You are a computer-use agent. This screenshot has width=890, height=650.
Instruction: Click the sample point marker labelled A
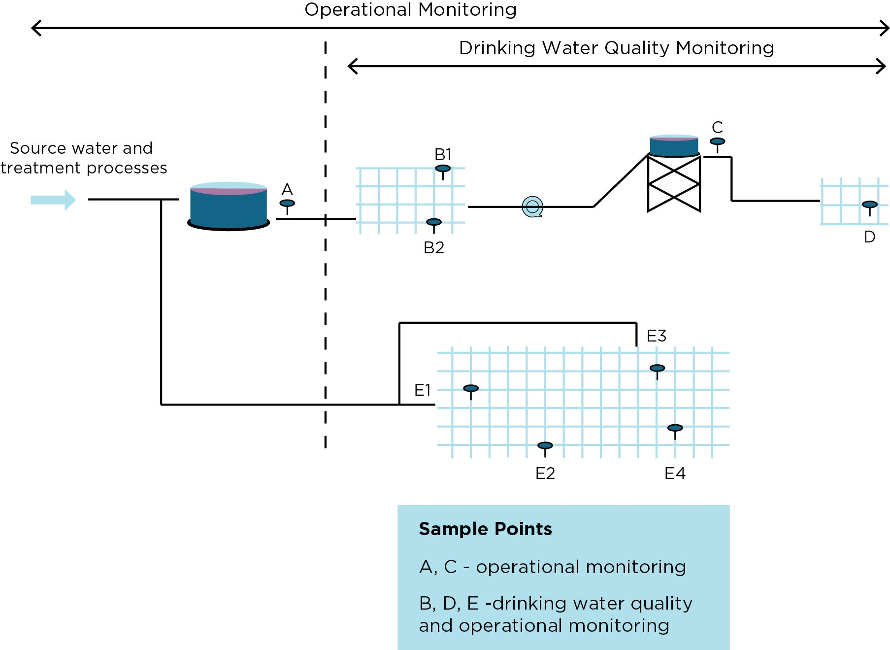coord(287,204)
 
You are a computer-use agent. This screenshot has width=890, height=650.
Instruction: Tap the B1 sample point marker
coord(443,169)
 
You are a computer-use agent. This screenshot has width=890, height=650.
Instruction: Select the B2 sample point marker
coord(433,223)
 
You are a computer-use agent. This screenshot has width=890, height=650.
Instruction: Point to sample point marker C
coord(717,142)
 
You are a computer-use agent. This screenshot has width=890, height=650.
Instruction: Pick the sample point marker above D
coord(869,205)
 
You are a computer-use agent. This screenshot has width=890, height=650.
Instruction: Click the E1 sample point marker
coord(471,389)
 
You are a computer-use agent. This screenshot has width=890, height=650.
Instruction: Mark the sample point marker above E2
coord(545,446)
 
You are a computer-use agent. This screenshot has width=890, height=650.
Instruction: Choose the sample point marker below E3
coord(657,369)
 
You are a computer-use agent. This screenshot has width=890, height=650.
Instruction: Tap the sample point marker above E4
coord(675,428)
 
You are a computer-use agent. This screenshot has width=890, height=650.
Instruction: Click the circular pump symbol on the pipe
coord(532,206)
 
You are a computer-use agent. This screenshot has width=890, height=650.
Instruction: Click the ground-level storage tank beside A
coord(229,206)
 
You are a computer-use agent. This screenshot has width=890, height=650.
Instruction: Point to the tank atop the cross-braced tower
coord(674,145)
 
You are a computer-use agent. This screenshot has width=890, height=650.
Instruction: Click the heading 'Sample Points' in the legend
coord(485,529)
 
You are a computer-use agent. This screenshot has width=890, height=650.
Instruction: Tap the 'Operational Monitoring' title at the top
coord(410,10)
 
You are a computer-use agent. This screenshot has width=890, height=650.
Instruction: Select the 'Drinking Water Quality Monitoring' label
coord(616,48)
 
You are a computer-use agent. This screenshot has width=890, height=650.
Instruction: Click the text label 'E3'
coord(656,336)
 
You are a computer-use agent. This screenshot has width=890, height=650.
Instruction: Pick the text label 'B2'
coord(434,247)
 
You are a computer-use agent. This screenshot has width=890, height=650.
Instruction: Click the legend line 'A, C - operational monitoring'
coord(552,567)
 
